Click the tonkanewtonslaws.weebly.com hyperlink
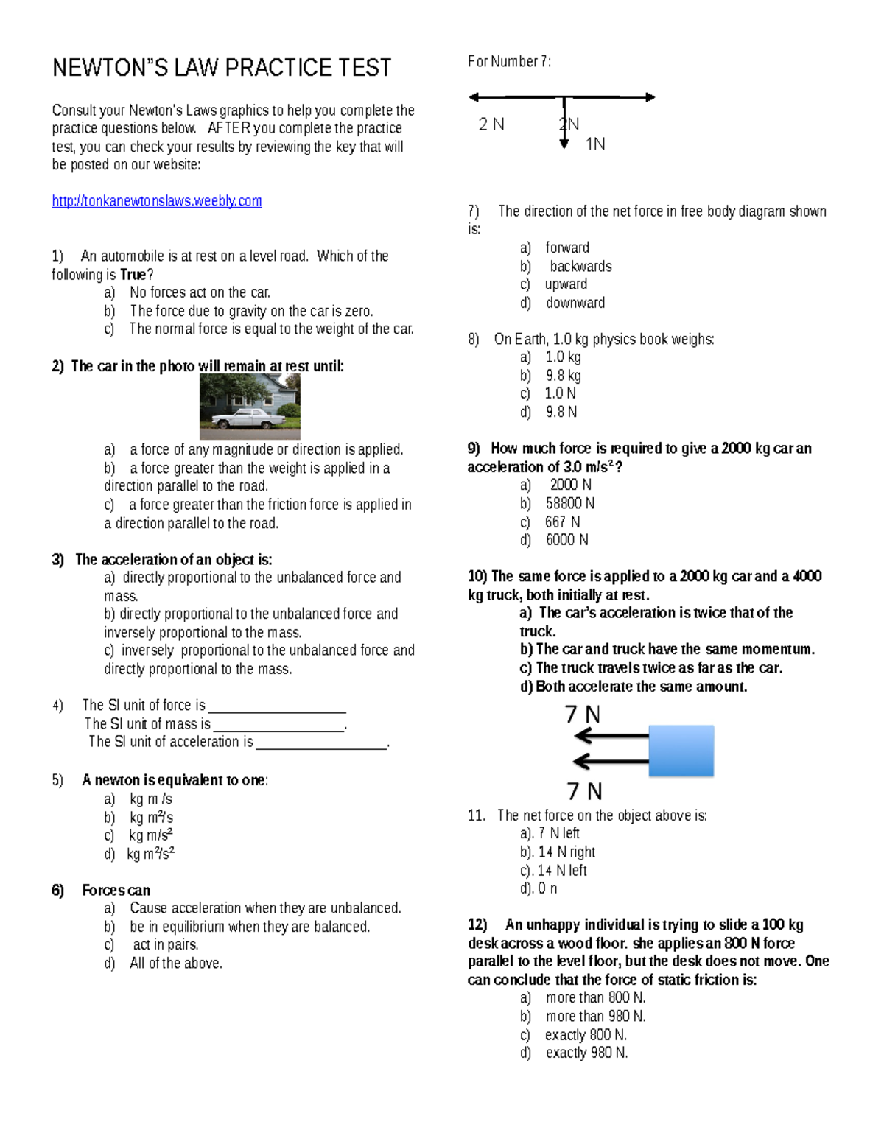tap(157, 201)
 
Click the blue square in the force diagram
tap(681, 751)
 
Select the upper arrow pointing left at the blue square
tap(611, 736)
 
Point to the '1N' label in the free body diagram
tap(595, 144)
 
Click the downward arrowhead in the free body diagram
tap(564, 144)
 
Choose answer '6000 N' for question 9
tap(566, 540)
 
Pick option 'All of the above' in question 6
tap(175, 964)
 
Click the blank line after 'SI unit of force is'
tap(277, 709)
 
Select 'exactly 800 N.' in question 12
tap(586, 1035)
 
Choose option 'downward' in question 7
tap(575, 303)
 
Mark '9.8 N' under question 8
tap(561, 412)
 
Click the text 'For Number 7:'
tap(509, 62)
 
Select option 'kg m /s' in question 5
tap(151, 799)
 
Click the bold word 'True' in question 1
tap(133, 275)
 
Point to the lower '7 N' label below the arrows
tap(585, 791)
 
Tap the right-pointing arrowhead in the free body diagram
tap(650, 97)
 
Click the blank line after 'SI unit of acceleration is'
tap(321, 745)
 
